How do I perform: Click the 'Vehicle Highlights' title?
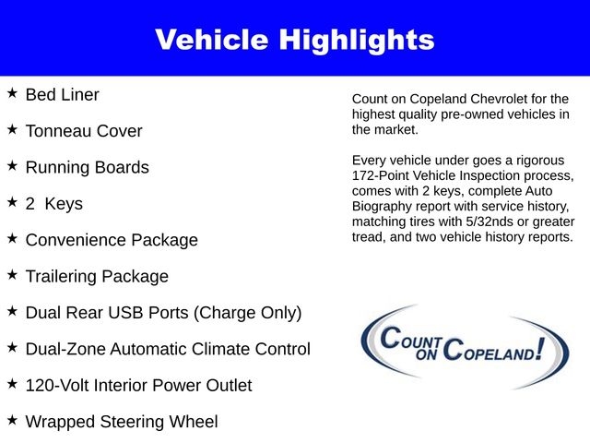294,40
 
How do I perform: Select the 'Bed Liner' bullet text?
62,94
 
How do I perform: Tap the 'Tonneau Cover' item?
84,131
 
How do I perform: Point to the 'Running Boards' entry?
87,167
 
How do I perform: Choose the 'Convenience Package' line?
112,240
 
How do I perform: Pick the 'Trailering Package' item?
97,276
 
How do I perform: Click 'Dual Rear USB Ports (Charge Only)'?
163,313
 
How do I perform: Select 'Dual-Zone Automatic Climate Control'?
168,349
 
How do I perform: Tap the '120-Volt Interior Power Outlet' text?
138,385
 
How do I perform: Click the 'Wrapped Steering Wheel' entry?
122,422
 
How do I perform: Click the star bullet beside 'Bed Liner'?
12,93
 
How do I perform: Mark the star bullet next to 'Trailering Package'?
12,275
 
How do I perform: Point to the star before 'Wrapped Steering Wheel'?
12,421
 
